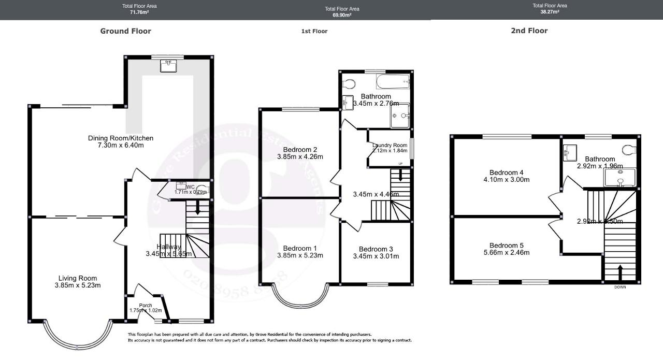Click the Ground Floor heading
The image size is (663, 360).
(x=125, y=31)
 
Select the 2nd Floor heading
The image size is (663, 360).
(x=529, y=31)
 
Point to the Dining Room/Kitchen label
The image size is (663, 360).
(x=121, y=138)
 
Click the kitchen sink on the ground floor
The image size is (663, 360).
(x=168, y=65)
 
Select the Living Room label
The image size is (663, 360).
(x=77, y=278)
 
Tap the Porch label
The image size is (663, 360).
(x=146, y=305)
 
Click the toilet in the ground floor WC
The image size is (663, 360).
(x=201, y=190)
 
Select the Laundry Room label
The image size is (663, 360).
(x=390, y=145)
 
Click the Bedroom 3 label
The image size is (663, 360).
(x=376, y=249)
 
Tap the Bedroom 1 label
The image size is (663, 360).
(x=300, y=248)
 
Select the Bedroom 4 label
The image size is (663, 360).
(x=507, y=172)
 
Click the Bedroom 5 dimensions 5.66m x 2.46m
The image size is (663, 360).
(x=507, y=253)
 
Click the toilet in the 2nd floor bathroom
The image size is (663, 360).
(x=629, y=150)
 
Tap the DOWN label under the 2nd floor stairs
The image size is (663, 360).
(x=620, y=287)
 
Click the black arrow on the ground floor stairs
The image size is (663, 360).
(x=197, y=208)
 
